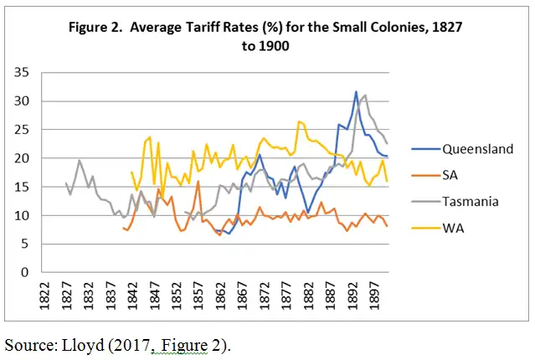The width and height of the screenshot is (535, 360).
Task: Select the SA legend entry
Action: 453,175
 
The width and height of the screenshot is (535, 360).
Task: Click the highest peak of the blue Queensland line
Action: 356,92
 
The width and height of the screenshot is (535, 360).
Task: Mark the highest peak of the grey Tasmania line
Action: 364,95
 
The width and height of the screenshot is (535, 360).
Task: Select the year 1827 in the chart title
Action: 446,28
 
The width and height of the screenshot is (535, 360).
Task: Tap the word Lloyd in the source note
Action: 82,343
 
